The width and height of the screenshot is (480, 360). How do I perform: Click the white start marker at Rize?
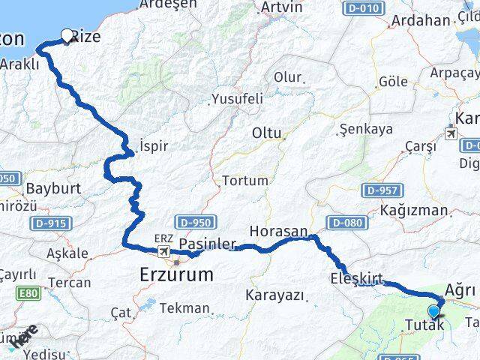pyautogui.click(x=67, y=35)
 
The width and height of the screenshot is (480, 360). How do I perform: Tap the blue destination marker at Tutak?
pyautogui.click(x=433, y=312)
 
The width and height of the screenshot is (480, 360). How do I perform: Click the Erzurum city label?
pyautogui.click(x=176, y=275)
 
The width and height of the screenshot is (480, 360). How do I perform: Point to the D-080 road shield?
pyautogui.click(x=346, y=223)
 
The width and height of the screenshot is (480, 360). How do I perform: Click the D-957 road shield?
pyautogui.click(x=381, y=190)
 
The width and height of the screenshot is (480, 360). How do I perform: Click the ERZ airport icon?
pyautogui.click(x=163, y=248)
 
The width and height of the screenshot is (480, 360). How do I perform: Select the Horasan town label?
pyautogui.click(x=278, y=232)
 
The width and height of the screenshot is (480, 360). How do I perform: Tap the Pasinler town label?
pyautogui.click(x=208, y=244)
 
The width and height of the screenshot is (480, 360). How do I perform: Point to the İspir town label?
pyautogui.click(x=154, y=145)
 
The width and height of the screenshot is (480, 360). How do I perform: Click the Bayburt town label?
pyautogui.click(x=53, y=188)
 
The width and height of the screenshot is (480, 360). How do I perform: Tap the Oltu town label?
pyautogui.click(x=267, y=133)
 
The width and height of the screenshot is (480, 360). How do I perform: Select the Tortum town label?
pyautogui.click(x=244, y=181)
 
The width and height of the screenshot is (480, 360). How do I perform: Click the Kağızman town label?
pyautogui.click(x=413, y=210)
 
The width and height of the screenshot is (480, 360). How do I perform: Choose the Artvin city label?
pyautogui.click(x=281, y=7)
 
